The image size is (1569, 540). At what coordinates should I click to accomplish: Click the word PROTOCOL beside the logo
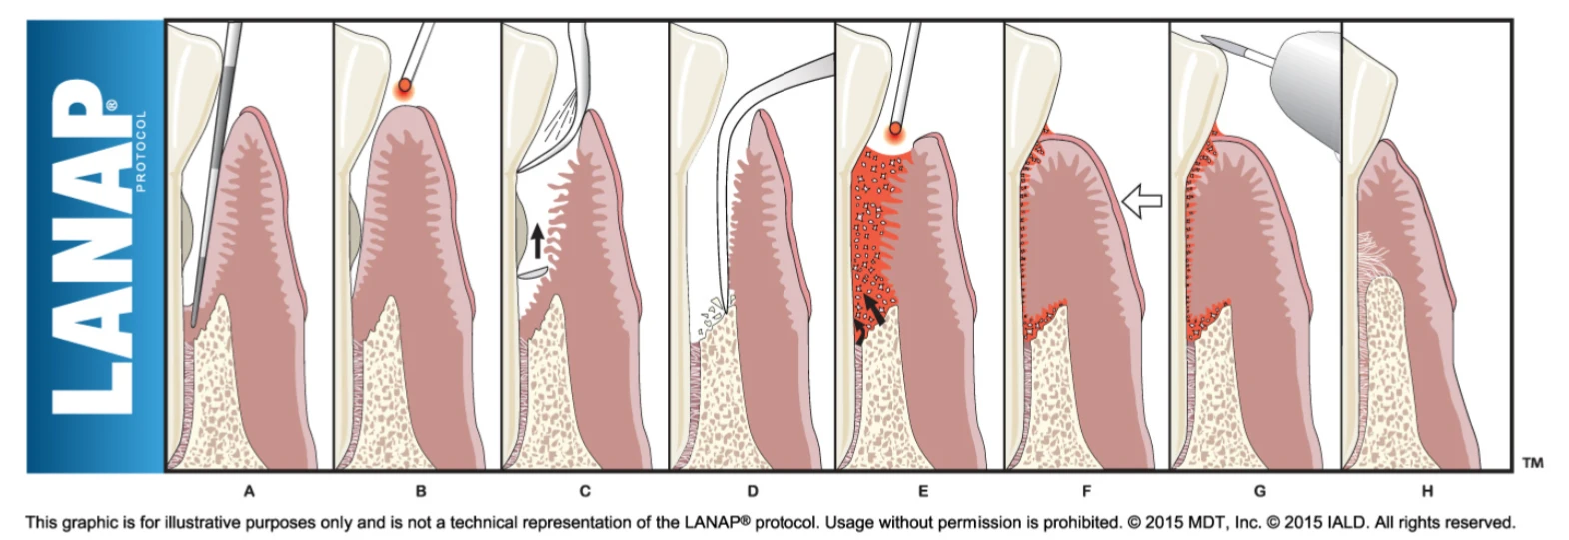pos(140,151)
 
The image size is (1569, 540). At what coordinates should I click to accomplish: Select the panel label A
pos(249,491)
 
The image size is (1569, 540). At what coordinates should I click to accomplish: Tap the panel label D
pos(753,491)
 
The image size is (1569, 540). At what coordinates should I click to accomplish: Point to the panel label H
pos(1427,491)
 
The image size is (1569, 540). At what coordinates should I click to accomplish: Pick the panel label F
pos(1086,491)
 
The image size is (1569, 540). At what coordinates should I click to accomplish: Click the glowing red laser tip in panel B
pos(405,87)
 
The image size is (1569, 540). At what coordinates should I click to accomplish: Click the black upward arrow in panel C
pos(538,239)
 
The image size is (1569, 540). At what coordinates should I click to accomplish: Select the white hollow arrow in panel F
pos(1142,201)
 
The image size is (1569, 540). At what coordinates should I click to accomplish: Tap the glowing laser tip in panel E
pos(895,131)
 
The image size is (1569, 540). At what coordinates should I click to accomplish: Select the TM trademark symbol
pos(1532,462)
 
